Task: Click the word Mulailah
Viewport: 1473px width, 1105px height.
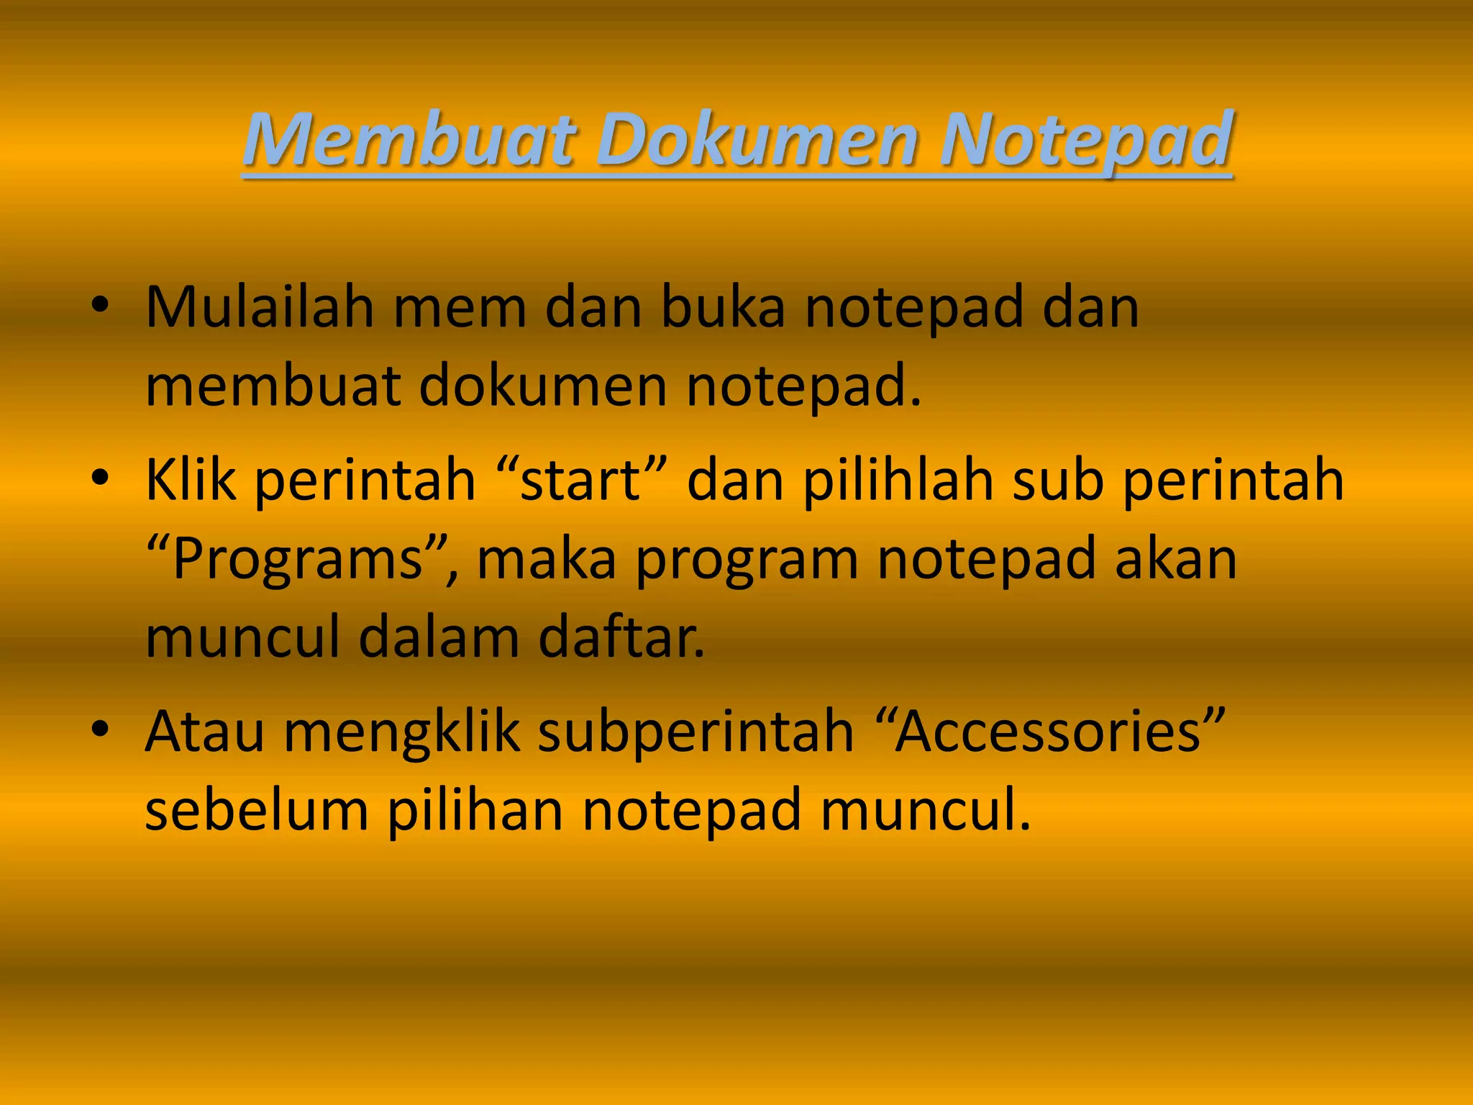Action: pyautogui.click(x=260, y=307)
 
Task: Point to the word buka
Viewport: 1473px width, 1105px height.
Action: pyautogui.click(x=722, y=307)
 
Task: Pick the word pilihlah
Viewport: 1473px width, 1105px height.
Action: pyautogui.click(x=898, y=481)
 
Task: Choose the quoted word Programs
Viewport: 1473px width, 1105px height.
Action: pyautogui.click(x=298, y=560)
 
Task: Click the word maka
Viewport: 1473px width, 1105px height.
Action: pyautogui.click(x=547, y=560)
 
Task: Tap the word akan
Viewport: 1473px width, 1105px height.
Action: pyautogui.click(x=1176, y=560)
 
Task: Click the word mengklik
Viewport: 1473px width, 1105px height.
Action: pyautogui.click(x=401, y=732)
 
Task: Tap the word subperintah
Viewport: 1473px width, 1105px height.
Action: pyautogui.click(x=696, y=732)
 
